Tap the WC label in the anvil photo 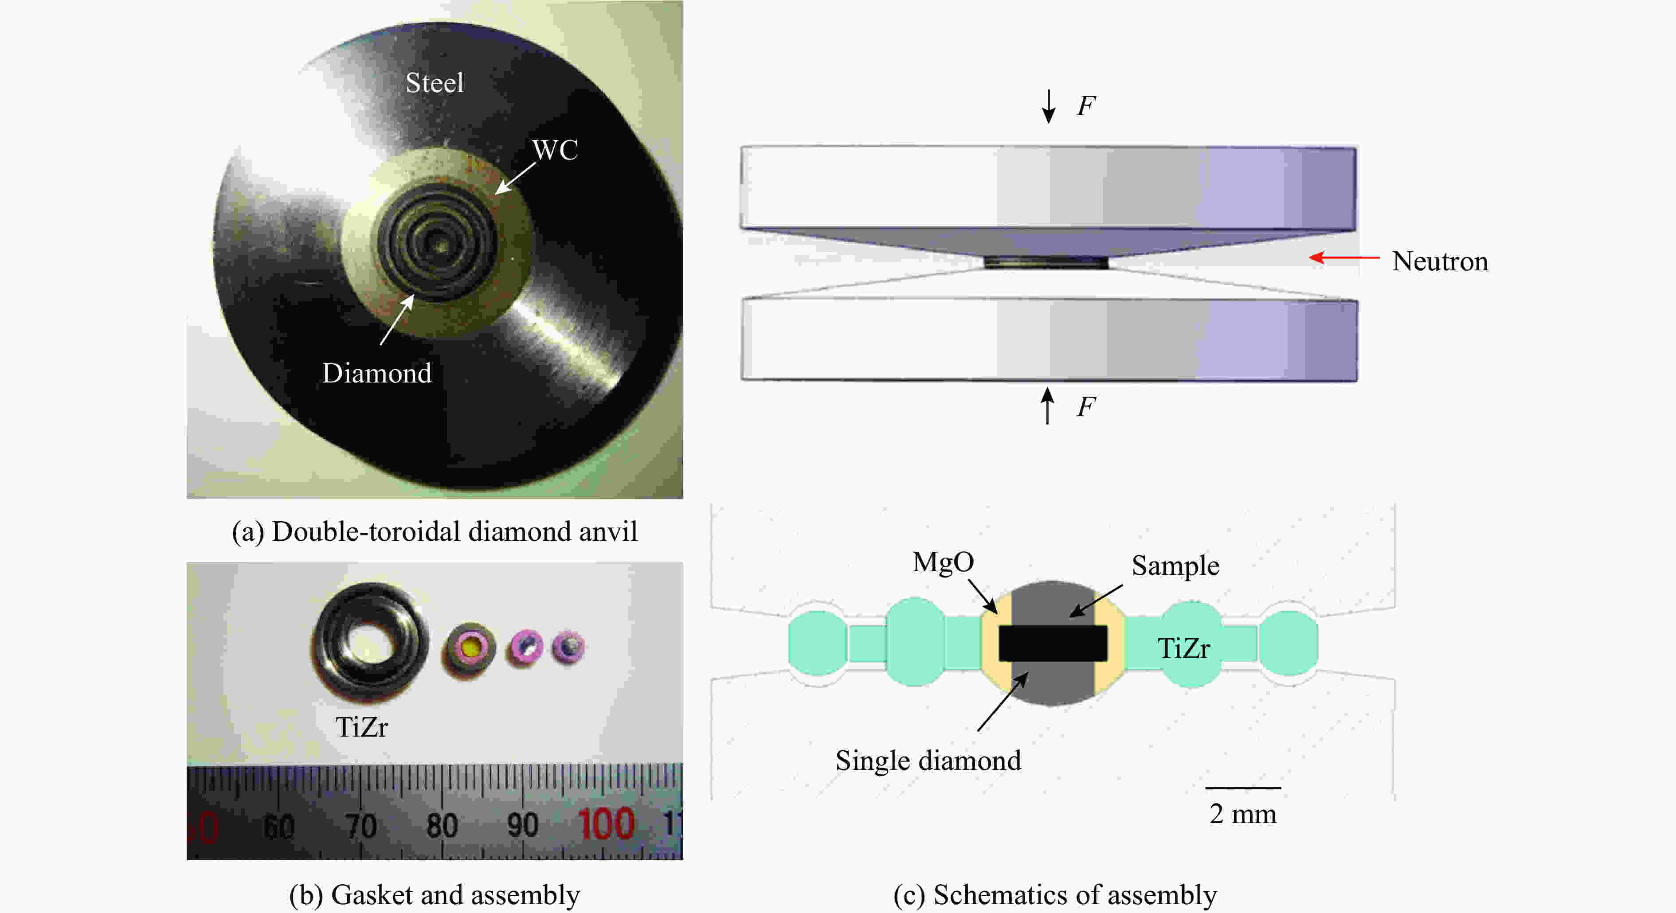555,150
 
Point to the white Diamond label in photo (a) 377,373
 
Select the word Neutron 1439,261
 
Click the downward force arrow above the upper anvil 1048,106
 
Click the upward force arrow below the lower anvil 1047,406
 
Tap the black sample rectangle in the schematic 1053,643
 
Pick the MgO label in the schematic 943,562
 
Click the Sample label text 1175,566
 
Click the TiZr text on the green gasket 1183,648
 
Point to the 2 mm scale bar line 1243,788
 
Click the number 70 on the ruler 361,826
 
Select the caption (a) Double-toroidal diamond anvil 435,532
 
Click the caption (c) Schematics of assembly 1055,895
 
